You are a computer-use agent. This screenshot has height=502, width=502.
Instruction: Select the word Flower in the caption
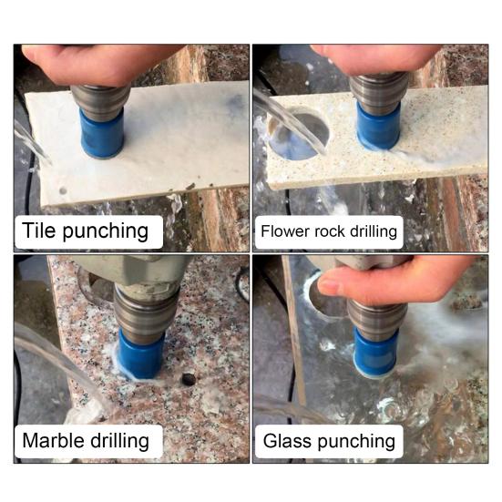285,231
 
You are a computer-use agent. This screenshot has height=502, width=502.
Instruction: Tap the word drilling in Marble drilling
125,442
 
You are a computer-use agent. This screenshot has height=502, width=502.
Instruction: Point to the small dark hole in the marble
189,377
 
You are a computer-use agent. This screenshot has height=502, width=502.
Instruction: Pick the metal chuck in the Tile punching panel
99,98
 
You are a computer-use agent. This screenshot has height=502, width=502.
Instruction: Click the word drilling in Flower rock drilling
374,231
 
